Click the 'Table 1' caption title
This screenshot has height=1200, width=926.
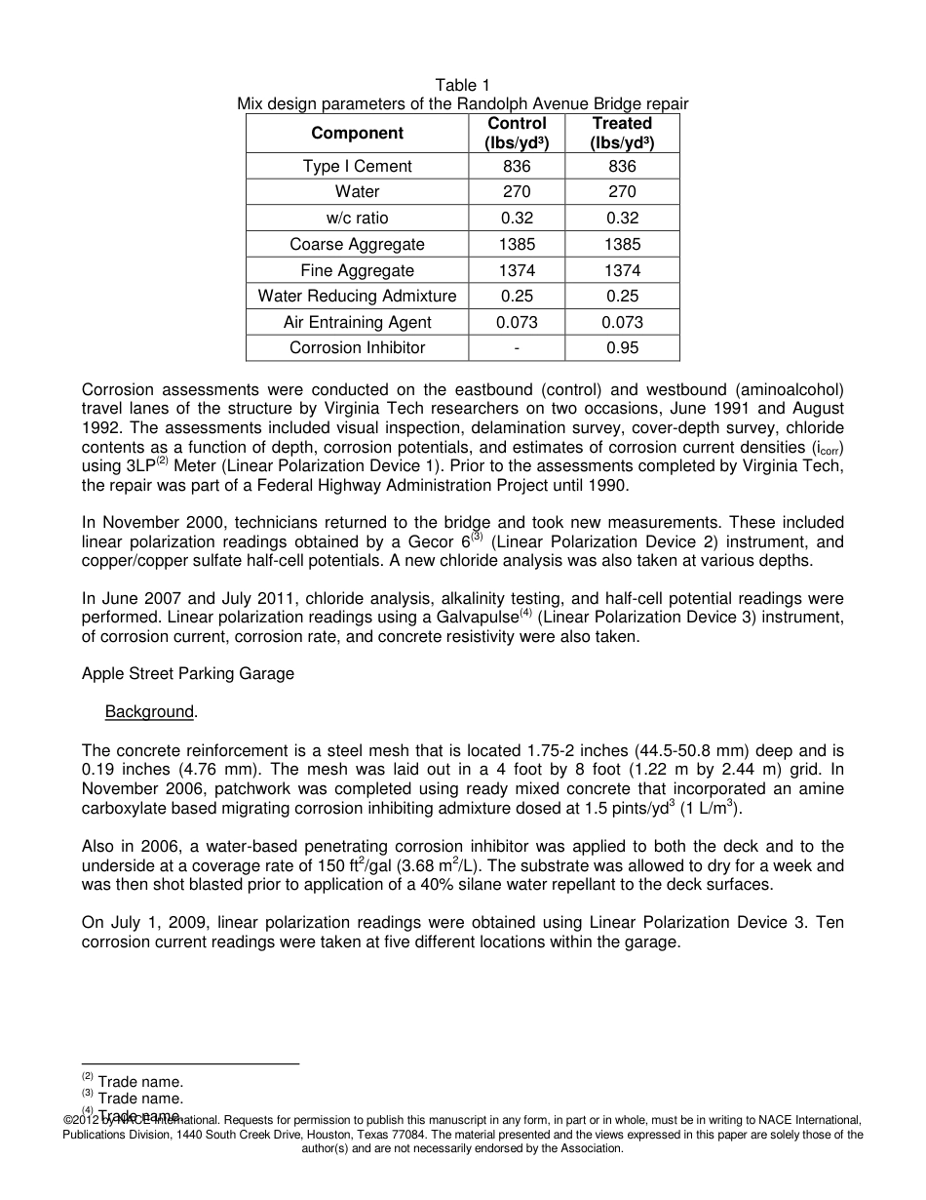coord(462,86)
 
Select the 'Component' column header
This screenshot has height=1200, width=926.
coord(357,133)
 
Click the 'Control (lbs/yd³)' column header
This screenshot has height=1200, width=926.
coord(517,133)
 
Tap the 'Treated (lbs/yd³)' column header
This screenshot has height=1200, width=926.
coord(621,133)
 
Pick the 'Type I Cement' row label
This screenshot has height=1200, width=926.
coord(357,166)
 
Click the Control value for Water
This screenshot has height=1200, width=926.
coord(517,192)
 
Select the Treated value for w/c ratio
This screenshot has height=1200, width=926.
coord(621,218)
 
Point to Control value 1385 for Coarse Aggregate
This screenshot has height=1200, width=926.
coord(517,244)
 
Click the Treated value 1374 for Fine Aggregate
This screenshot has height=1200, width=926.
coord(621,270)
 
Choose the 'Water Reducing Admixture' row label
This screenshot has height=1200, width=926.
coord(357,296)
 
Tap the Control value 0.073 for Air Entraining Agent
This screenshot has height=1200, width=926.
coord(517,322)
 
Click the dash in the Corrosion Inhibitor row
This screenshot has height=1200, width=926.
coord(517,348)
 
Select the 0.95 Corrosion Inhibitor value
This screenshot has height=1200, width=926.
coord(621,348)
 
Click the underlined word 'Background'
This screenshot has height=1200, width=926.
coord(149,712)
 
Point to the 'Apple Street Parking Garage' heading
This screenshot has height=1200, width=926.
coord(187,673)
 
